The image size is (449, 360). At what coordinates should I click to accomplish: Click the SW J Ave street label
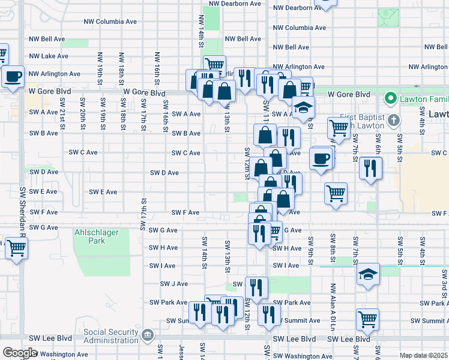click(173, 284)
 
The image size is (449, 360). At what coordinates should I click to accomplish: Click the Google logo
click(19, 353)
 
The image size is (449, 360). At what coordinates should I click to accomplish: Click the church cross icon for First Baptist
click(393, 121)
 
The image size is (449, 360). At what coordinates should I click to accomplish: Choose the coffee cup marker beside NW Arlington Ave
click(13, 76)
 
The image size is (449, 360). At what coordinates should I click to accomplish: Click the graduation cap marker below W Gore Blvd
click(303, 108)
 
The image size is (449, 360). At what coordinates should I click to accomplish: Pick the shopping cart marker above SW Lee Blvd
click(367, 319)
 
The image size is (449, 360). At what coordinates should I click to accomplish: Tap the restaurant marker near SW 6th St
click(370, 167)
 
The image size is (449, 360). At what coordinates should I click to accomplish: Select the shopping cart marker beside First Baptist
click(339, 127)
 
